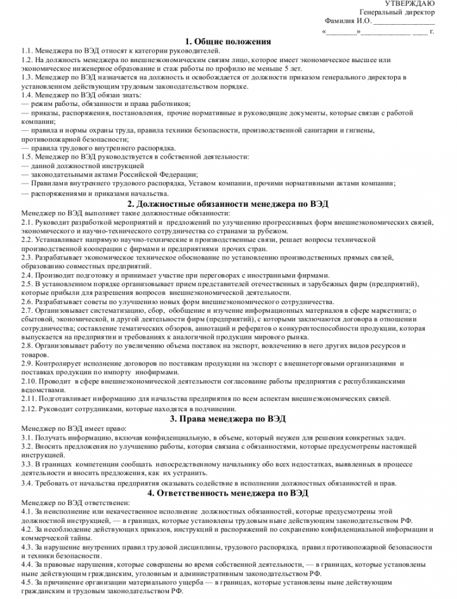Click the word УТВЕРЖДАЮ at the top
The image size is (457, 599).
point(419,4)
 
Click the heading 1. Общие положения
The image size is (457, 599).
point(228,41)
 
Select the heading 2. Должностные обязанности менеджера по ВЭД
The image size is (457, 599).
point(228,204)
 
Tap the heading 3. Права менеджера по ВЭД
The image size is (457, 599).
point(228,419)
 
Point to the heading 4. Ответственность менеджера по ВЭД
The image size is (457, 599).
point(228,492)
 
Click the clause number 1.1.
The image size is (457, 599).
point(26,50)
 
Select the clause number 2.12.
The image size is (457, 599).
point(29,409)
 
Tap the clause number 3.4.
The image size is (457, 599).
point(26,483)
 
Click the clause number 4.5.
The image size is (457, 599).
point(26,583)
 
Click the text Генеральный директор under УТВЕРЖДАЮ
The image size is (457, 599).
point(397,13)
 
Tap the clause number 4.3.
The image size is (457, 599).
point(26,546)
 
